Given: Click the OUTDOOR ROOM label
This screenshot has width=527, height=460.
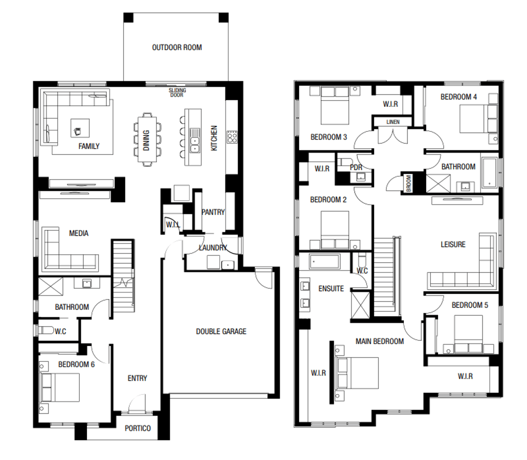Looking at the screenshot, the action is click(177, 48).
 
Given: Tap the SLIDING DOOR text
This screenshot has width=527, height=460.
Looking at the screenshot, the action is click(177, 93).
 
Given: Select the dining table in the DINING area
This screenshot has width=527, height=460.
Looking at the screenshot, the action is click(147, 140).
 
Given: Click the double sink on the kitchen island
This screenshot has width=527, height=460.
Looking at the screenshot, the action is click(195, 141).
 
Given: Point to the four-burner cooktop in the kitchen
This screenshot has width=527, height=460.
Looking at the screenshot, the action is click(232, 137).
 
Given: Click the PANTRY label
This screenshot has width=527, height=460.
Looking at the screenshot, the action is click(213, 212).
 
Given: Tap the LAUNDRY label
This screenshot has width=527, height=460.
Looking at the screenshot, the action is click(213, 248).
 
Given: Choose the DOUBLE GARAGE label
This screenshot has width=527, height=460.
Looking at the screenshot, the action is click(221, 331).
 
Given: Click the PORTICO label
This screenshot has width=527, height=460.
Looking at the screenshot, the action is click(138, 428).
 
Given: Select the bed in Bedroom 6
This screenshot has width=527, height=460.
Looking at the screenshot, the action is click(59, 387).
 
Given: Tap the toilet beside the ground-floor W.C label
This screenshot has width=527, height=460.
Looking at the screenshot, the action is click(46, 330).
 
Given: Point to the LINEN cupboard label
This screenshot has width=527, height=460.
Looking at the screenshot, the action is click(393, 122).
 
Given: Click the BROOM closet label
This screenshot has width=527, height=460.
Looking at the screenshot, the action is click(409, 183).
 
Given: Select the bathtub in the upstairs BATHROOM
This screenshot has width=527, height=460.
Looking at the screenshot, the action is click(489, 172).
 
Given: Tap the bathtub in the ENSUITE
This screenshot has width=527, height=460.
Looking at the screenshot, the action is click(325, 261).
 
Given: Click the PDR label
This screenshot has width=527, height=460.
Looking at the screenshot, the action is click(356, 167).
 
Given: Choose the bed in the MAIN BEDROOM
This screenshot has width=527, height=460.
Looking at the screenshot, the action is click(357, 373).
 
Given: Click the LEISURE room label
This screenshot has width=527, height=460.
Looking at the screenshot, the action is click(453, 244).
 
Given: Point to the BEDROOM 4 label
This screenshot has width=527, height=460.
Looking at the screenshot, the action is click(459, 97).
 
